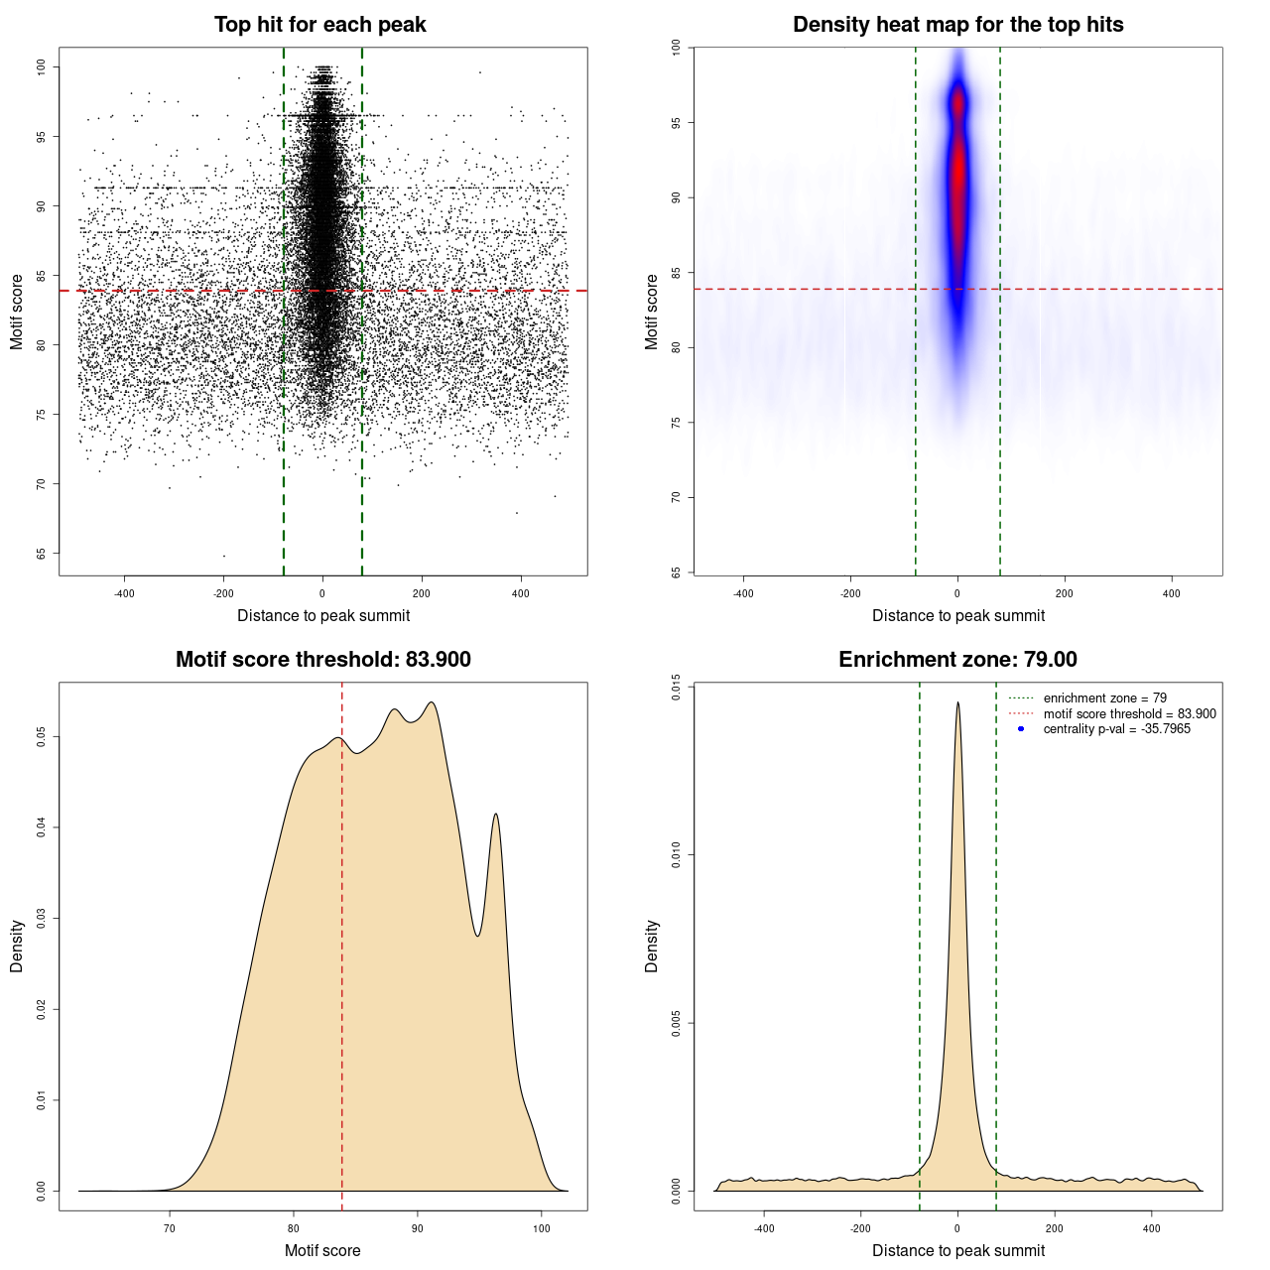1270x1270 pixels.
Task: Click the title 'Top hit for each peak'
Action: pyautogui.click(x=319, y=25)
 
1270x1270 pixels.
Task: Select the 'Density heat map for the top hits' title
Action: pyautogui.click(x=957, y=25)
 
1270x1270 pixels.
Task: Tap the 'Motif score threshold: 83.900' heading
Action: pyautogui.click(x=322, y=660)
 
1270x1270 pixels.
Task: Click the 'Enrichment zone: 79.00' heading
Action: pyautogui.click(x=957, y=660)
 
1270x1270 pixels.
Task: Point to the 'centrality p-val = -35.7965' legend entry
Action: pyautogui.click(x=1116, y=729)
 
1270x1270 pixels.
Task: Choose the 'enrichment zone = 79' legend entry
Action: pyautogui.click(x=1104, y=698)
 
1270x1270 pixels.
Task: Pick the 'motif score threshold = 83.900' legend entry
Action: pyautogui.click(x=1129, y=714)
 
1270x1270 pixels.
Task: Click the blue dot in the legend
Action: pyautogui.click(x=1021, y=729)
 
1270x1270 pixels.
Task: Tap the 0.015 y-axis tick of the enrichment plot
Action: pyautogui.click(x=677, y=687)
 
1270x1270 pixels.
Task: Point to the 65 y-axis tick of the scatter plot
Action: pyautogui.click(x=41, y=554)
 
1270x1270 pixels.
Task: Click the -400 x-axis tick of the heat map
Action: pyautogui.click(x=743, y=593)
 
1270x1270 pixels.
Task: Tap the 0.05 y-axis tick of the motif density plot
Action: pyautogui.click(x=41, y=737)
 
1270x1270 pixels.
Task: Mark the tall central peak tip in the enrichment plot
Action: pyautogui.click(x=957, y=703)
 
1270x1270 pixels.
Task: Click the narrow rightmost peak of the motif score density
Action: pyautogui.click(x=496, y=815)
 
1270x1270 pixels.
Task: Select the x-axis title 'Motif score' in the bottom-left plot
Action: pyautogui.click(x=322, y=1250)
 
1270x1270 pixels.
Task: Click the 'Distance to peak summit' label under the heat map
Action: pyautogui.click(x=957, y=615)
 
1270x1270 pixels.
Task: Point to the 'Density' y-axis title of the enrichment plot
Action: pyautogui.click(x=652, y=946)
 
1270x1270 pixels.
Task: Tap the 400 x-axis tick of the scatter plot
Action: pyautogui.click(x=521, y=593)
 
